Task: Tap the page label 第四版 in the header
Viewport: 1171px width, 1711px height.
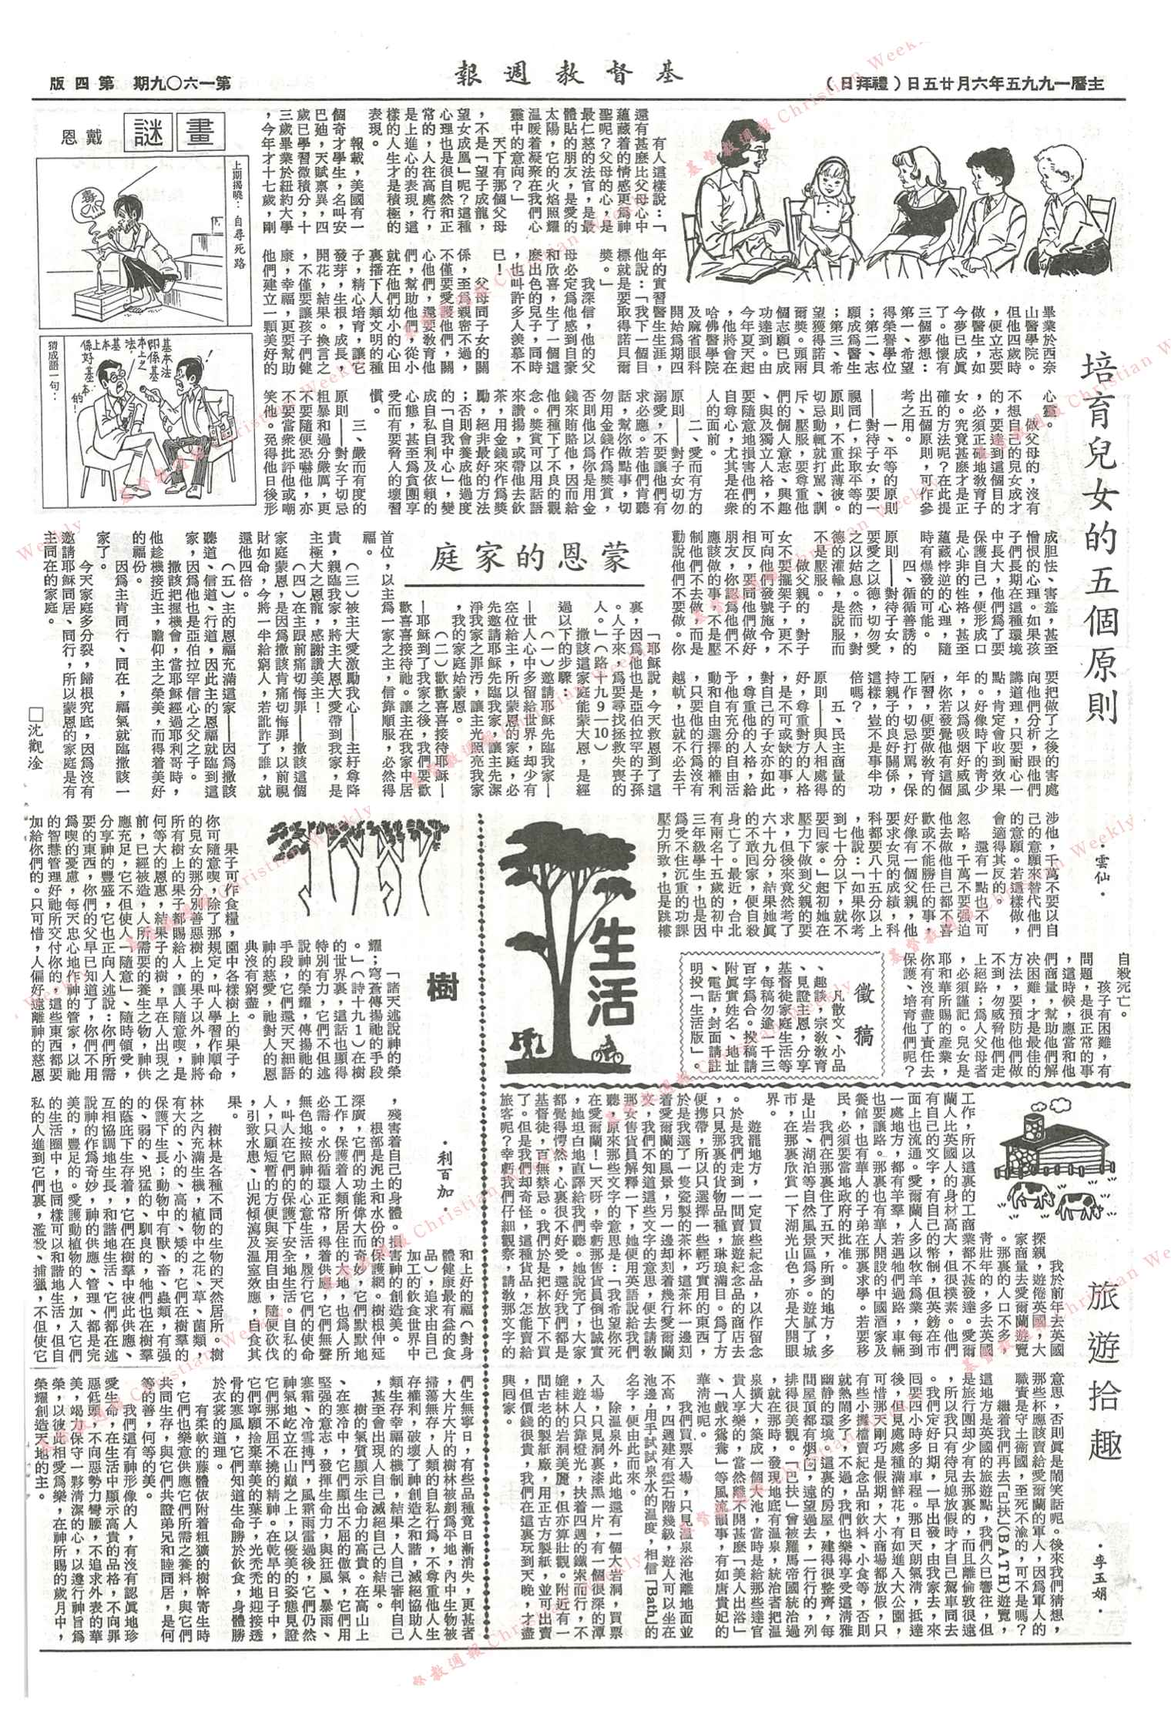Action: (77, 83)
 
